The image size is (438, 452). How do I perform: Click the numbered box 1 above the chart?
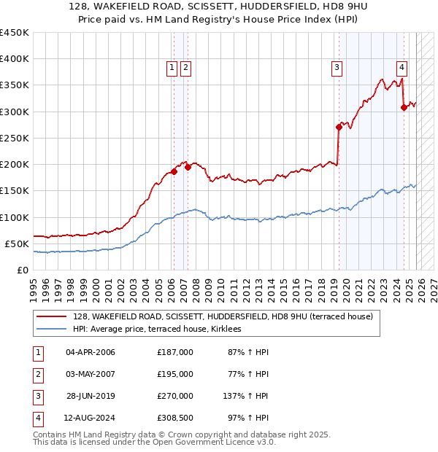(x=172, y=68)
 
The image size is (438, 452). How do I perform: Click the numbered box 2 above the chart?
(x=185, y=68)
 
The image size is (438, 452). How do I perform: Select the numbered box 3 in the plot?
(x=337, y=68)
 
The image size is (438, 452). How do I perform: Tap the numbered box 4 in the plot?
(x=402, y=68)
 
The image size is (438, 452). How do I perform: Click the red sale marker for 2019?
(x=339, y=127)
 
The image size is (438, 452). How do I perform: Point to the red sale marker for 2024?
(x=404, y=107)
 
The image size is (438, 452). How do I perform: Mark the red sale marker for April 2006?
(x=174, y=171)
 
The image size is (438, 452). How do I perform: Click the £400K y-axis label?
(x=15, y=59)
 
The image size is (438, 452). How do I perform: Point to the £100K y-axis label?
(x=15, y=217)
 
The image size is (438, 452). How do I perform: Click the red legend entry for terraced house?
(x=223, y=316)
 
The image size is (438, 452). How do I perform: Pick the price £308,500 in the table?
(x=174, y=418)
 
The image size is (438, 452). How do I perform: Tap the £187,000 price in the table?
(x=174, y=352)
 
